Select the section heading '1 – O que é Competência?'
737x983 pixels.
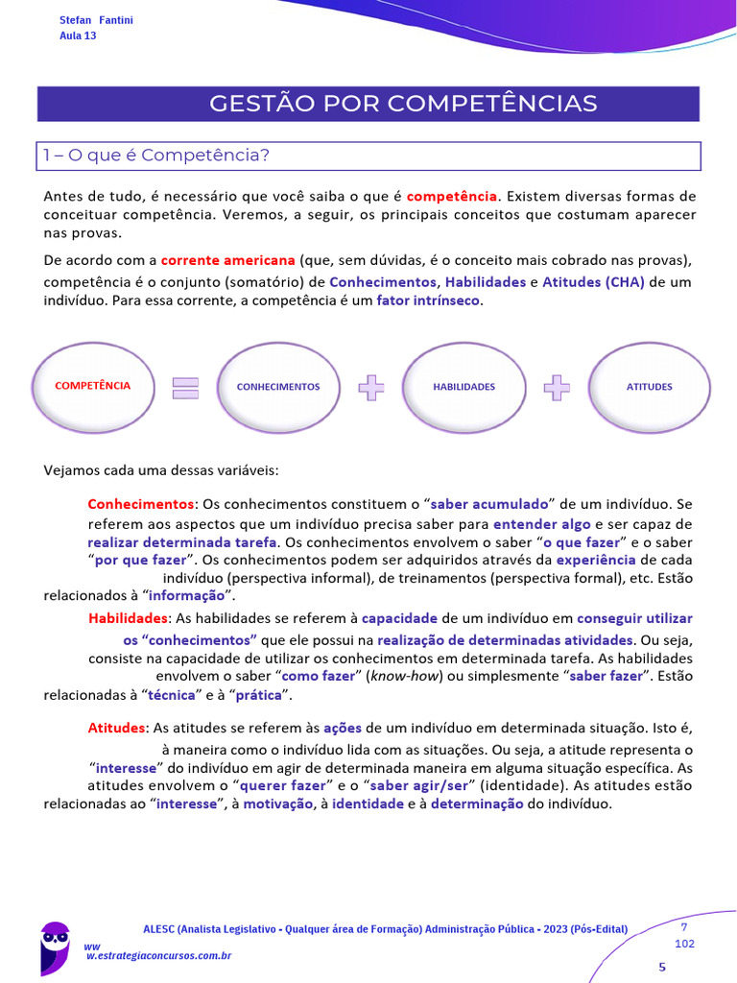(155, 156)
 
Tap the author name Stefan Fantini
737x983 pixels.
(96, 20)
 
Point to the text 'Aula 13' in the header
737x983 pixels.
(78, 36)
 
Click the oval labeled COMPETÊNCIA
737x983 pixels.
(93, 387)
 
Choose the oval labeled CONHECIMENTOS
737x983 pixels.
(278, 387)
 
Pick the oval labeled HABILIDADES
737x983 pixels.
(464, 387)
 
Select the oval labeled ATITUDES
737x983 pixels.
(649, 387)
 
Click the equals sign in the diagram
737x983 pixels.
(185, 388)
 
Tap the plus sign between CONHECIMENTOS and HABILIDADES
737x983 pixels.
(371, 388)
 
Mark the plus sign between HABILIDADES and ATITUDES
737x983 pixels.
(557, 388)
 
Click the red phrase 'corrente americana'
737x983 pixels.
(227, 260)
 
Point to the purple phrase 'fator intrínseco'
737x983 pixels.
(428, 300)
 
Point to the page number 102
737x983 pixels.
(684, 944)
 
